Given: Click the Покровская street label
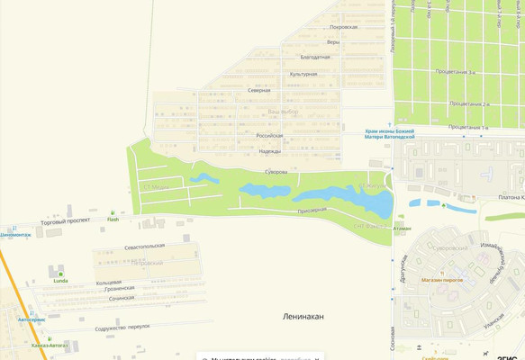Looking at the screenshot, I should (x=343, y=27).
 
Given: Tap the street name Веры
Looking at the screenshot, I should (x=333, y=42).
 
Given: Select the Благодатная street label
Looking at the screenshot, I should (x=315, y=57).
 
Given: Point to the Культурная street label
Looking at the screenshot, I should (x=303, y=74).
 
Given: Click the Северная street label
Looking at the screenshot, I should (x=258, y=91).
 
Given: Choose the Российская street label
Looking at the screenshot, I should (x=269, y=136).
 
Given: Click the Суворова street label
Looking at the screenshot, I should (x=276, y=171).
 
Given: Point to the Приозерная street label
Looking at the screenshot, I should (x=312, y=210).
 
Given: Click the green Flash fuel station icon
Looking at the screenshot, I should (x=113, y=212).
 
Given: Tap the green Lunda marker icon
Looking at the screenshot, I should (x=60, y=274).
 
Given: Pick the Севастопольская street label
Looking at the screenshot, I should (x=144, y=245).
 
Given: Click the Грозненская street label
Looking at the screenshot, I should (x=119, y=289).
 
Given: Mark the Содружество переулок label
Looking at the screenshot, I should (x=122, y=328).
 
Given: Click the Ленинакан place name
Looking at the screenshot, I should (x=303, y=317).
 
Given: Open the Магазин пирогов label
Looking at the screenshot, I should (x=441, y=280).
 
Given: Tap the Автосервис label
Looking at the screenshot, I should (x=31, y=319).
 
